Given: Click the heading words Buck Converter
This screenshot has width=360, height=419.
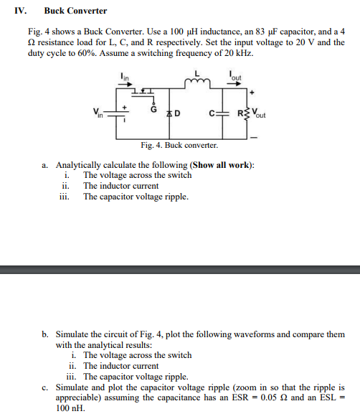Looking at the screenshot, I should (x=75, y=11).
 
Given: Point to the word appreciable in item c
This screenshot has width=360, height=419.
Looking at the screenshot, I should (x=77, y=397).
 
